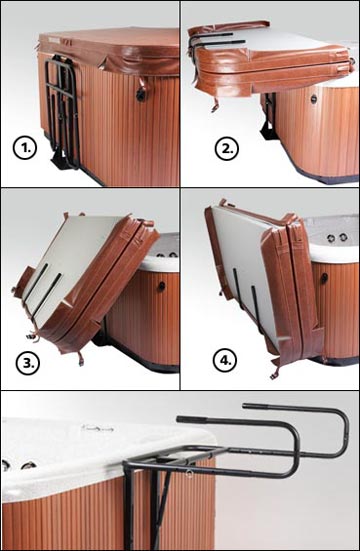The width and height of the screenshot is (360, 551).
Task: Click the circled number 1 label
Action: tap(25, 148)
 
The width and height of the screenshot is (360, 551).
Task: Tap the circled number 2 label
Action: tap(227, 149)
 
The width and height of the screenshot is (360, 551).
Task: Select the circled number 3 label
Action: tap(27, 363)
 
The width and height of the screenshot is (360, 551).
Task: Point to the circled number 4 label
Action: tap(225, 360)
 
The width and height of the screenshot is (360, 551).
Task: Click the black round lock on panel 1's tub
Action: tap(141, 94)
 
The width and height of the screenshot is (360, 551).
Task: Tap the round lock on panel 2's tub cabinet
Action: tap(314, 99)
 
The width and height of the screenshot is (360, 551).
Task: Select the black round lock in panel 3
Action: tap(161, 286)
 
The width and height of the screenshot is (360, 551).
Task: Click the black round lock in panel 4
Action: tap(324, 278)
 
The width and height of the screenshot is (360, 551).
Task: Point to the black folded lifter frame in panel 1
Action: tap(62, 112)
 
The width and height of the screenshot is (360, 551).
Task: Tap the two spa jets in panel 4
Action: tap(336, 238)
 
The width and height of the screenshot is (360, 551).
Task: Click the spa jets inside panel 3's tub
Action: tap(167, 254)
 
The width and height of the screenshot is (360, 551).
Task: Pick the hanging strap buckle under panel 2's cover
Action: tap(214, 105)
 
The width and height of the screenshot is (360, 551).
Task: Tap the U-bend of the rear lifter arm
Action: tap(344, 432)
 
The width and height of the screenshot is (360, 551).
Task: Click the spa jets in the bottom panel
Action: tap(18, 465)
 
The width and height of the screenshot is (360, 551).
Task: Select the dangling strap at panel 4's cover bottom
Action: tap(274, 372)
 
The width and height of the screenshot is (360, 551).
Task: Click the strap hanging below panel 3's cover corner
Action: tap(81, 358)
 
